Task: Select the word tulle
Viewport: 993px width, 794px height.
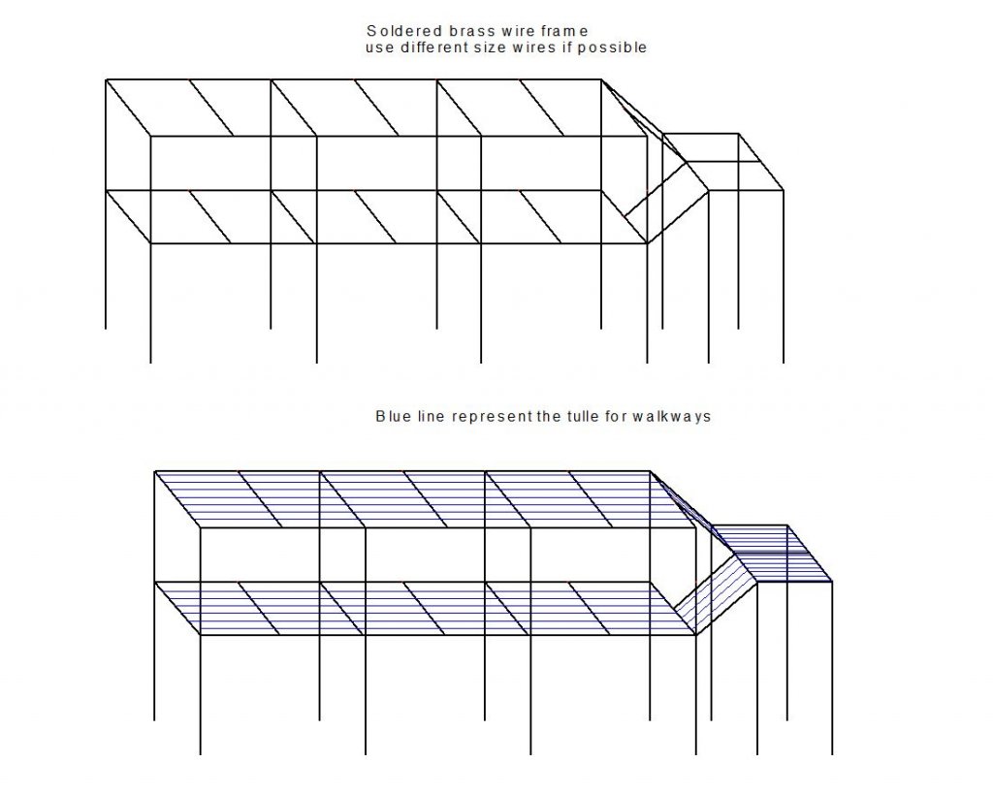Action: pyautogui.click(x=582, y=416)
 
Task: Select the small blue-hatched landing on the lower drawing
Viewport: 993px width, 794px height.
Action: pyautogui.click(x=772, y=553)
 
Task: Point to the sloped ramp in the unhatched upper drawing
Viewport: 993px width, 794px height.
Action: pyautogui.click(x=666, y=203)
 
